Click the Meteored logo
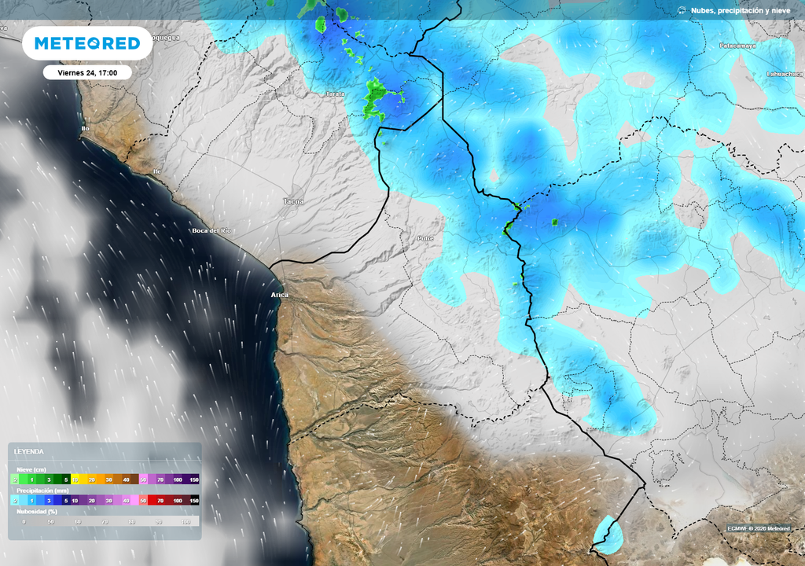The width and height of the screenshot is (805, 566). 86,43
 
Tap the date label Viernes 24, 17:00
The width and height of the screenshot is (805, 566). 87,72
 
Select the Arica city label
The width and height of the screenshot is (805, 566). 280,295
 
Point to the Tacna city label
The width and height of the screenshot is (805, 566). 293,201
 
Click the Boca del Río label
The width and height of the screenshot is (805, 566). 211,230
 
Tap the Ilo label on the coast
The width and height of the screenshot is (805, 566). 85,128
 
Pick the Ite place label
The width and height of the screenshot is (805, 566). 156,171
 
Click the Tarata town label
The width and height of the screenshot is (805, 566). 336,94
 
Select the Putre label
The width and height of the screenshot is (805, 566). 425,237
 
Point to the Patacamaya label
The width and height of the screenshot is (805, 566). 737,46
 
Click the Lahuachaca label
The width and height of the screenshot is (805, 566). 784,74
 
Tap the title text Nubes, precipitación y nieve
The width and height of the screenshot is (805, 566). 741,10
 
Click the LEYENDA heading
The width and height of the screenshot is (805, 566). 30,452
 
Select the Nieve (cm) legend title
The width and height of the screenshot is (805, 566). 31,469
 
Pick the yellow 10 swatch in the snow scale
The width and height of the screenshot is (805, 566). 75,479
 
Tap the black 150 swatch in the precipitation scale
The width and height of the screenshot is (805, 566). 193,500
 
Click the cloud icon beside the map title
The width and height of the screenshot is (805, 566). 681,10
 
